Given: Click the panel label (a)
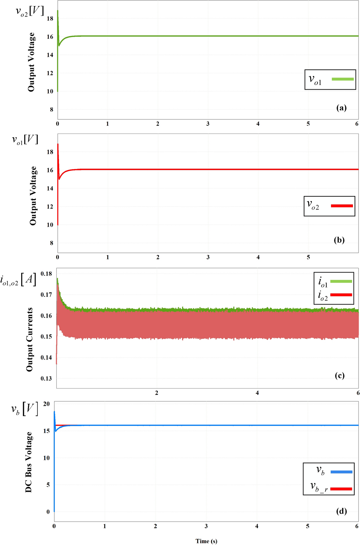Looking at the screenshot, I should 341,108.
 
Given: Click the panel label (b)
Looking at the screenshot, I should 339,240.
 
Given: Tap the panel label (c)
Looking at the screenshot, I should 339,375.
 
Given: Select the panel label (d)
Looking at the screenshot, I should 341,511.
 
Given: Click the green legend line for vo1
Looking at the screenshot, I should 342,79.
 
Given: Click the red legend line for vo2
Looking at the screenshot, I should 342,206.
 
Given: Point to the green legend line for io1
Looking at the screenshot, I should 341,281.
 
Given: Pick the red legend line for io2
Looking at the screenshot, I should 341,295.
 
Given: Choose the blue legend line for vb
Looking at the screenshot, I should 341,472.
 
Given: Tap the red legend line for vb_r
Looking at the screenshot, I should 341,489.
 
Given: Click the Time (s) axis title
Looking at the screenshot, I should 206,541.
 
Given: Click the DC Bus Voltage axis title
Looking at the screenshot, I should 29,462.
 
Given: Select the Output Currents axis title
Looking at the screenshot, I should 30,339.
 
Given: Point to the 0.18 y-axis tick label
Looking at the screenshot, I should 47,274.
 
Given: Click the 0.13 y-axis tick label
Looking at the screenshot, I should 47,378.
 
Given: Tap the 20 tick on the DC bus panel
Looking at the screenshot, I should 47,404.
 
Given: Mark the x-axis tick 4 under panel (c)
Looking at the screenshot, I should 257,393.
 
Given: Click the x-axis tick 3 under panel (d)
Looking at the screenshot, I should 206,526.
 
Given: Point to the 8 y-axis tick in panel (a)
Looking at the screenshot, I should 52,109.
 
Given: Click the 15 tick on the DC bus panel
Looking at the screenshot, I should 47,431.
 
